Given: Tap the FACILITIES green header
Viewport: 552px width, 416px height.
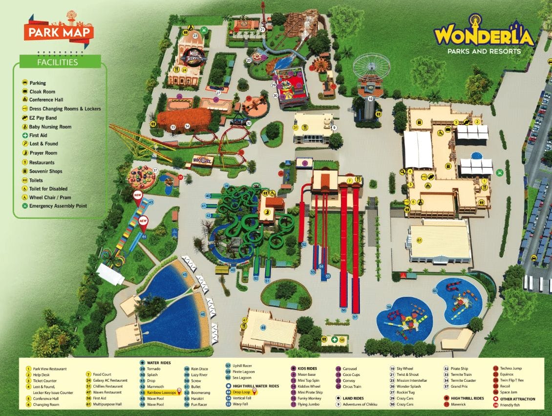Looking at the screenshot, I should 58,63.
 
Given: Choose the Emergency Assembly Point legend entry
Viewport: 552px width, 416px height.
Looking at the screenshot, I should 58,206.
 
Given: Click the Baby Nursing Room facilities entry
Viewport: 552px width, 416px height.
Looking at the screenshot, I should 50,127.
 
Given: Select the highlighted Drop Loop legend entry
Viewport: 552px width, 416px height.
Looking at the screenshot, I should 241,392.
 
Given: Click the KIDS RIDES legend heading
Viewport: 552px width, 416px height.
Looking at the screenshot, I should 308,369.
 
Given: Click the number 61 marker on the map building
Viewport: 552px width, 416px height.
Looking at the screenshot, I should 419,240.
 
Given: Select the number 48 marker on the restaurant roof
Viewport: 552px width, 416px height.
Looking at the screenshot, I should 263,327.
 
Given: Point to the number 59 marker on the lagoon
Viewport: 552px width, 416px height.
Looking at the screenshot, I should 389,307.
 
